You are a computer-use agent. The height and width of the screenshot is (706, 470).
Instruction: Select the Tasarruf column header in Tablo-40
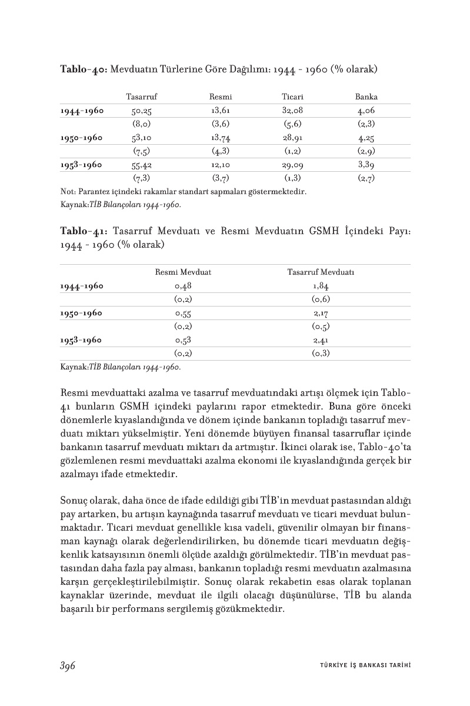[x=141, y=96]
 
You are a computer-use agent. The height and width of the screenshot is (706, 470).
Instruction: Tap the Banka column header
[x=366, y=96]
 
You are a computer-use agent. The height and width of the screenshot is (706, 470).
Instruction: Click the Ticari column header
[x=292, y=96]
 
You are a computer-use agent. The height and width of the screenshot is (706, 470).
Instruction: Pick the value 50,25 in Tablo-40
[x=142, y=110]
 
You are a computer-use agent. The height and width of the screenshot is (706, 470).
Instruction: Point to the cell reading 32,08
[x=292, y=110]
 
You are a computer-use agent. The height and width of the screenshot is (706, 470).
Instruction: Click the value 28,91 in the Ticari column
[x=292, y=138]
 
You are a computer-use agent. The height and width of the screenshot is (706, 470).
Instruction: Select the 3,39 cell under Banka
[x=366, y=165]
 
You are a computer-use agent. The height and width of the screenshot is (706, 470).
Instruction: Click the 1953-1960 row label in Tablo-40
[x=82, y=165]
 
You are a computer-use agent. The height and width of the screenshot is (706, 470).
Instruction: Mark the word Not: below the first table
[x=68, y=191]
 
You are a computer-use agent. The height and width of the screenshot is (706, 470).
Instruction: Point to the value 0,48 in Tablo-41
[x=183, y=286]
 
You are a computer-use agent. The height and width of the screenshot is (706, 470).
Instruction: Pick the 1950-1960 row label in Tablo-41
[x=82, y=313]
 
